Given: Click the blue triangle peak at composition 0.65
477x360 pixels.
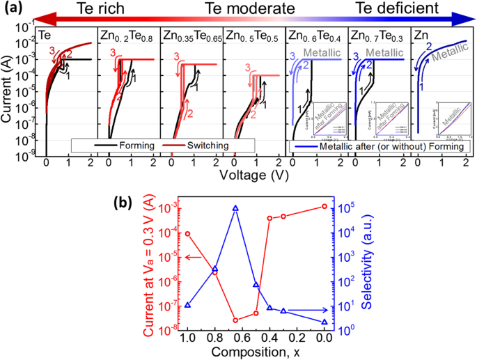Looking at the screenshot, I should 235,208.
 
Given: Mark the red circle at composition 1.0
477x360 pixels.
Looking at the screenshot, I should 187,234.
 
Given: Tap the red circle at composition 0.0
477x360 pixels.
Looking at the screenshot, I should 324,206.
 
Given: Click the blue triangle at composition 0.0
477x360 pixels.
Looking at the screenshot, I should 324,322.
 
